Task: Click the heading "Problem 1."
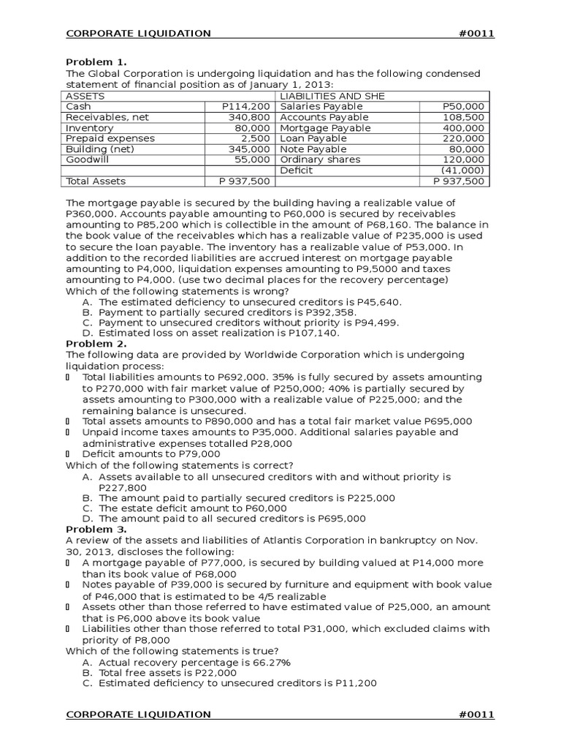click(x=96, y=62)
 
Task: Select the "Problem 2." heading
click(x=96, y=344)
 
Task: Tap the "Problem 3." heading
click(x=96, y=529)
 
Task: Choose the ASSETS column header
click(x=85, y=96)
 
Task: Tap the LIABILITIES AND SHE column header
click(x=332, y=96)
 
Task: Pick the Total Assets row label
click(x=96, y=181)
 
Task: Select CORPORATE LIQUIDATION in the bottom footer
click(x=139, y=714)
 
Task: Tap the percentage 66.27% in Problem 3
click(x=268, y=663)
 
